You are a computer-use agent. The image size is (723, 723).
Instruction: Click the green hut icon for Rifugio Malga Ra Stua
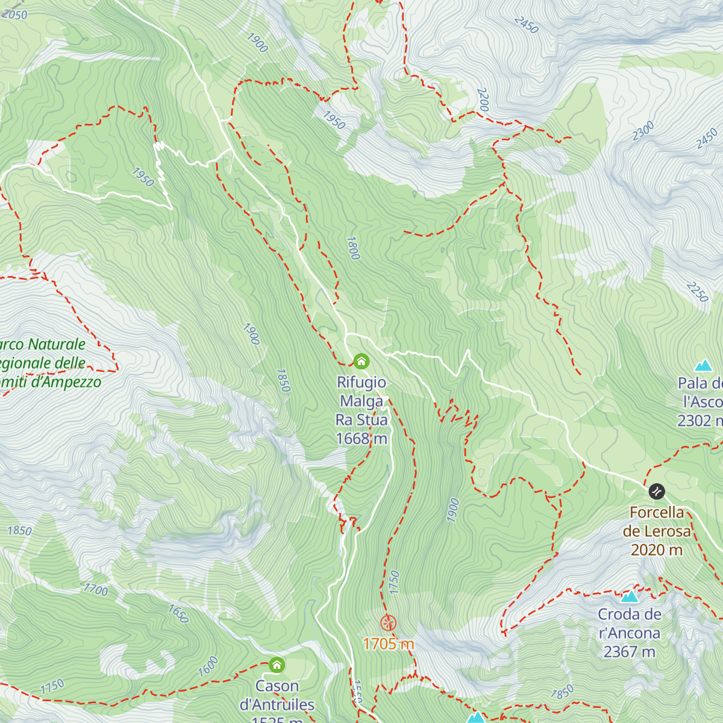[361, 361]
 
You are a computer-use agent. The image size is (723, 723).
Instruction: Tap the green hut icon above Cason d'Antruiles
[277, 665]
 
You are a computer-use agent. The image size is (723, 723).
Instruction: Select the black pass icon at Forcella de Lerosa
[656, 492]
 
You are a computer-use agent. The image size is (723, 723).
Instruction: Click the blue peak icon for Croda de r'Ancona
[630, 596]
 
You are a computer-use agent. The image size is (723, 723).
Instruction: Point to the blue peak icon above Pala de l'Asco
[703, 365]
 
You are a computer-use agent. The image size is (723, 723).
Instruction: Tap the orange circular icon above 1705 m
[389, 623]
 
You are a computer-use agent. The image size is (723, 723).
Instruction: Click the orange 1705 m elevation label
[389, 644]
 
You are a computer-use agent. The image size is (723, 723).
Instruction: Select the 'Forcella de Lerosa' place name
[657, 522]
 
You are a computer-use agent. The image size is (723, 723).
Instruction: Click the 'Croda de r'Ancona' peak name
[630, 624]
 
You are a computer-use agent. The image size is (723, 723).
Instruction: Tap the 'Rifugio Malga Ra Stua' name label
[361, 401]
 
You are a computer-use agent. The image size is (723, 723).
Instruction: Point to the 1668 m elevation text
[361, 439]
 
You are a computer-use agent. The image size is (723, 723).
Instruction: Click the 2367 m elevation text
[630, 652]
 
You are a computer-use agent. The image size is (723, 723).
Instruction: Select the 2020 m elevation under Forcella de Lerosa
[657, 549]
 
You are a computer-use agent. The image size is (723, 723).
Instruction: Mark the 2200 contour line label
[483, 99]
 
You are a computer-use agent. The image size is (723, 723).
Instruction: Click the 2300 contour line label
[643, 131]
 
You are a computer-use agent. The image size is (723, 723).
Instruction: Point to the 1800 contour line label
[353, 248]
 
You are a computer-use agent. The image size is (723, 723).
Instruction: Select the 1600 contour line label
[208, 666]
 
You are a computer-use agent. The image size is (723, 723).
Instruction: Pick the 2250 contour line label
[697, 292]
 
